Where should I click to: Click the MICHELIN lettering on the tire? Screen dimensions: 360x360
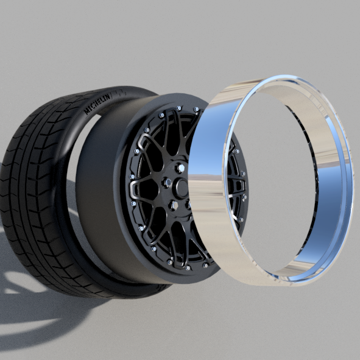(97, 104)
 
